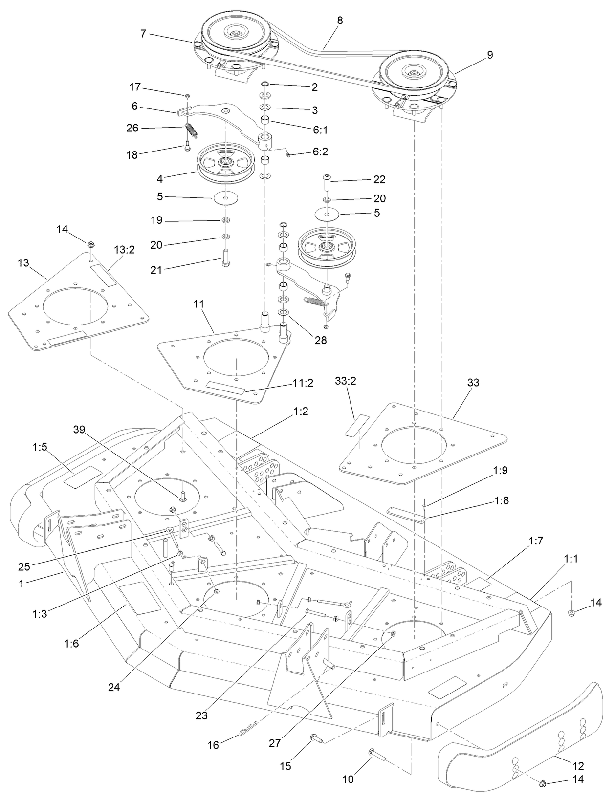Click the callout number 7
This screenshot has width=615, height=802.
pyautogui.click(x=143, y=34)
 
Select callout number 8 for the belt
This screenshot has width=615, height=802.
pyautogui.click(x=340, y=21)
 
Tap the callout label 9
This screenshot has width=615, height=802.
pyautogui.click(x=490, y=55)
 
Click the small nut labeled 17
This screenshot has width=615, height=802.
pyautogui.click(x=187, y=96)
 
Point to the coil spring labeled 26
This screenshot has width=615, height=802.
pyautogui.click(x=191, y=132)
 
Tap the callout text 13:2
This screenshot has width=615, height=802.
pyautogui.click(x=124, y=250)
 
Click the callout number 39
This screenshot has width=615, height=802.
pyautogui.click(x=79, y=430)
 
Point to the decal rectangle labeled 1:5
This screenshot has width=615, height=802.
pyautogui.click(x=82, y=477)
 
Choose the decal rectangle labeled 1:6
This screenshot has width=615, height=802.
pyautogui.click(x=140, y=598)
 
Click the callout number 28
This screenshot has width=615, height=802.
pyautogui.click(x=320, y=340)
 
